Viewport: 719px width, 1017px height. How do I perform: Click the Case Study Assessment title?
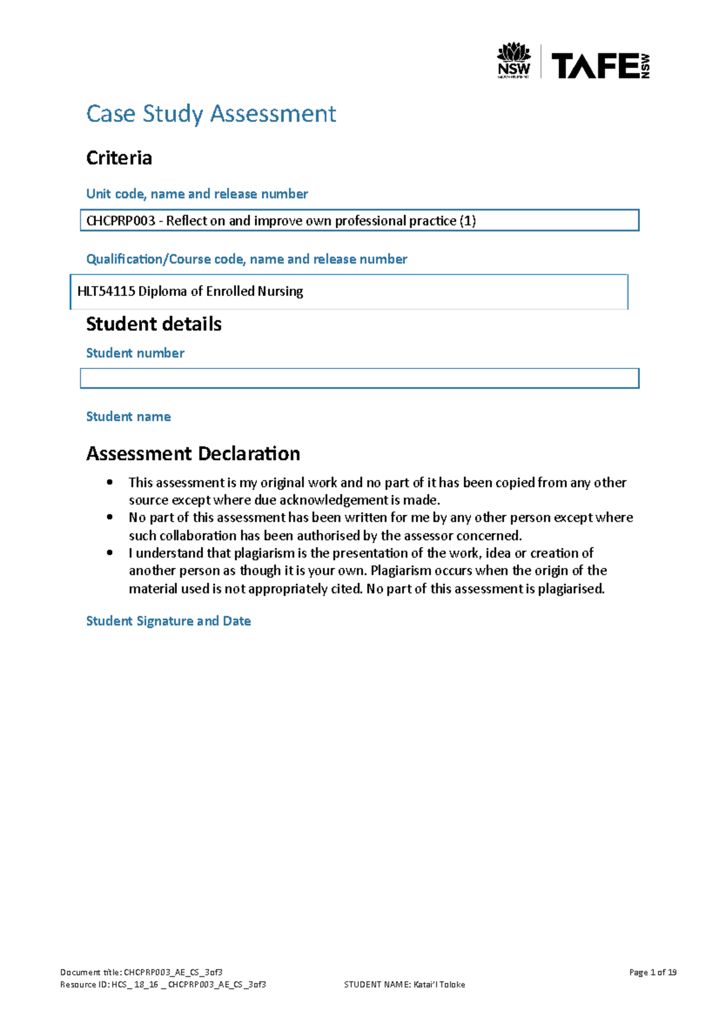tap(211, 114)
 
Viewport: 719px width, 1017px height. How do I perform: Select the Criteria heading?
tap(119, 158)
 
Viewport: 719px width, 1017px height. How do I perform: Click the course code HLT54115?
tap(106, 292)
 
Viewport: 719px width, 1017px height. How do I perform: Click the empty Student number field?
tap(359, 379)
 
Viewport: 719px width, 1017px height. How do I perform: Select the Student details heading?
tap(154, 324)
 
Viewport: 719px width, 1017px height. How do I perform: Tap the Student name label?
tap(128, 417)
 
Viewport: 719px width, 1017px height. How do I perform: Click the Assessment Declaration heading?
tap(193, 454)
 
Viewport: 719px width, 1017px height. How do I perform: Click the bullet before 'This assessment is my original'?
tap(109, 482)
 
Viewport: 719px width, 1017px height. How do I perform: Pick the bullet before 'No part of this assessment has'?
tap(109, 517)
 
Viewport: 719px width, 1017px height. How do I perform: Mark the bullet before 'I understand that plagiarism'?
tap(109, 553)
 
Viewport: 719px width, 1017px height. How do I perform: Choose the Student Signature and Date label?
tap(168, 621)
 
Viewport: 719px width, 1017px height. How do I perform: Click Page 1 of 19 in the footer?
tap(652, 972)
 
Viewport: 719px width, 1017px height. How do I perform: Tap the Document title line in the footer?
tap(141, 972)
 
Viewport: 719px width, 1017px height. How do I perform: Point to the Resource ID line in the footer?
tap(163, 985)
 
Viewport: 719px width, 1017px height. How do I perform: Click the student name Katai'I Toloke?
tap(439, 985)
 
